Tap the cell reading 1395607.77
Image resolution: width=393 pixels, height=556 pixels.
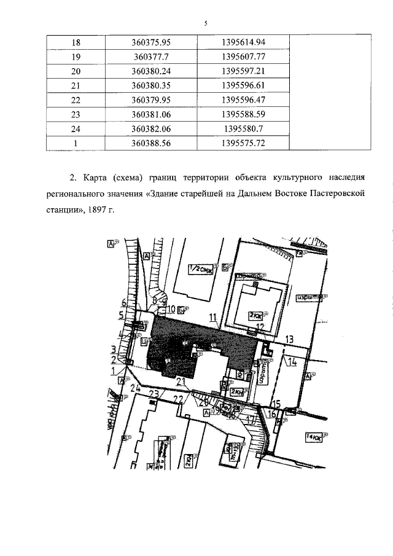[x=242, y=57]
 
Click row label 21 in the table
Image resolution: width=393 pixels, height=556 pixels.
[x=76, y=85]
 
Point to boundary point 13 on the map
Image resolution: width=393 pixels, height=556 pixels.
[x=290, y=339]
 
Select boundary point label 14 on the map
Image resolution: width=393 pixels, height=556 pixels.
[x=293, y=361]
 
